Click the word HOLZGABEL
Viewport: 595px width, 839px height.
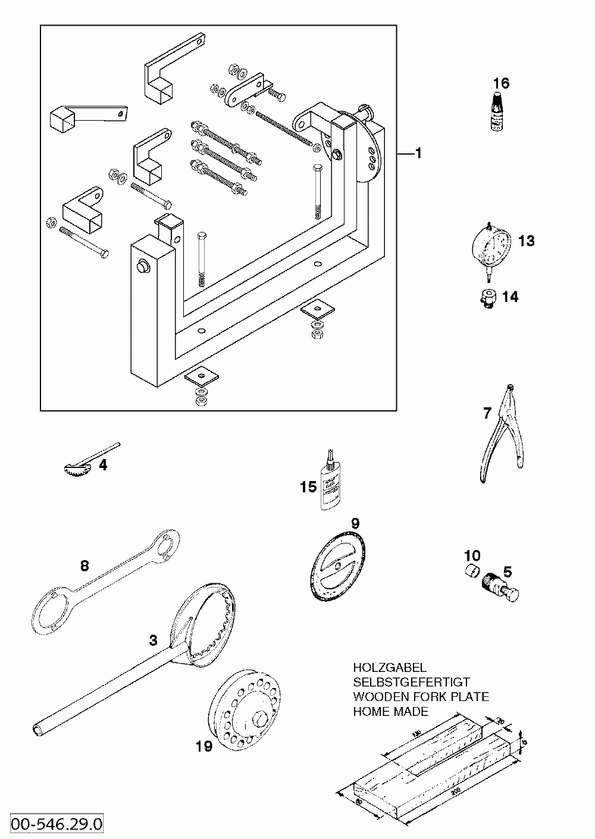tap(389, 668)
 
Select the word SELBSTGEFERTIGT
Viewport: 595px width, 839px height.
tap(411, 682)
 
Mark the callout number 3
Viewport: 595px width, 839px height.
tap(153, 640)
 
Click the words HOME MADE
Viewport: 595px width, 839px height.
tap(390, 711)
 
